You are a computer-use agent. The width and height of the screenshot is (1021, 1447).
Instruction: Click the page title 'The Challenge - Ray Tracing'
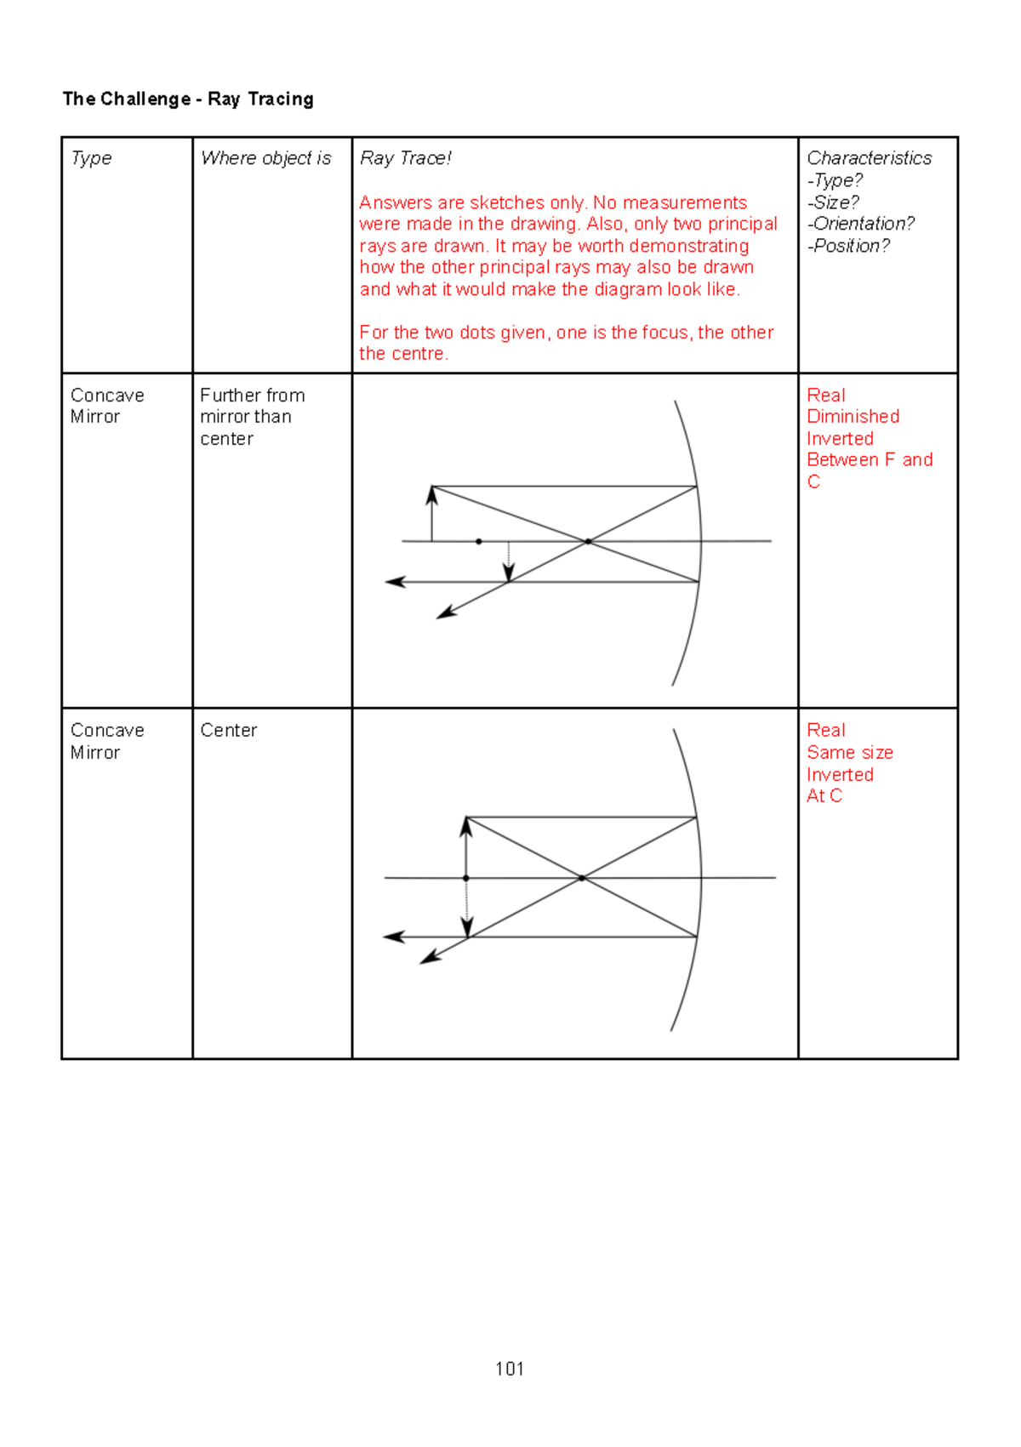pos(188,100)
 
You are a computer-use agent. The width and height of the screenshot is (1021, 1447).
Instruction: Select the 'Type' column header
pos(91,158)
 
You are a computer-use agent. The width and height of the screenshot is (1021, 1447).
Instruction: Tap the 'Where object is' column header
pos(265,158)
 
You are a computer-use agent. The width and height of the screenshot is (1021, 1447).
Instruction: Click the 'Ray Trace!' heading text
pos(405,158)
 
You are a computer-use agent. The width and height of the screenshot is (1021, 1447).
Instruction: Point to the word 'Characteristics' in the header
pos(869,158)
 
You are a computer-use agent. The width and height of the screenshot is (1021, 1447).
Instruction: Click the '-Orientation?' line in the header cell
pos(860,224)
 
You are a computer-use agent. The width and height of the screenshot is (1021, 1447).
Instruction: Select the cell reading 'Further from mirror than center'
pos(252,417)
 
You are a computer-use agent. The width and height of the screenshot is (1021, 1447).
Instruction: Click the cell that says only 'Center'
pos(229,731)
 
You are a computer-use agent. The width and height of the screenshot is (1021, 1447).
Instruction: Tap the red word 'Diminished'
pos(853,417)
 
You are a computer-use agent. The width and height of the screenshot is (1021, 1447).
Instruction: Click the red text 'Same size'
pos(849,753)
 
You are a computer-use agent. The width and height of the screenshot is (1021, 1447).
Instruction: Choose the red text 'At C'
pos(824,796)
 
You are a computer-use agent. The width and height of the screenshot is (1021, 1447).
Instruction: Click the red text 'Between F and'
pos(869,460)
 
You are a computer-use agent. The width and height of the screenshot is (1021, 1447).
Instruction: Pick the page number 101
pos(510,1369)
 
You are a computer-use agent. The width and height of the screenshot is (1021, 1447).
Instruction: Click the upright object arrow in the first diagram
pos(432,513)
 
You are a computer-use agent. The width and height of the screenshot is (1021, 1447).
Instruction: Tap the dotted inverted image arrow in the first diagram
pos(509,561)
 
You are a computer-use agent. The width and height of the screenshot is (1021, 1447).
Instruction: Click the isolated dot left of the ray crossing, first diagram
pos(479,541)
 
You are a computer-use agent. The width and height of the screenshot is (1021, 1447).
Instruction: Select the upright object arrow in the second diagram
pos(466,846)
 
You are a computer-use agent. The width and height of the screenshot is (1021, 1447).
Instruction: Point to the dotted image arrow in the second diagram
pos(467,908)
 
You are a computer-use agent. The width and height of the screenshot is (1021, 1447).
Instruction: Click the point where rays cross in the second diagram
pos(582,878)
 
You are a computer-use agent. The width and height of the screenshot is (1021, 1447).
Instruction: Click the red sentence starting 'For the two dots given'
pos(566,343)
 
